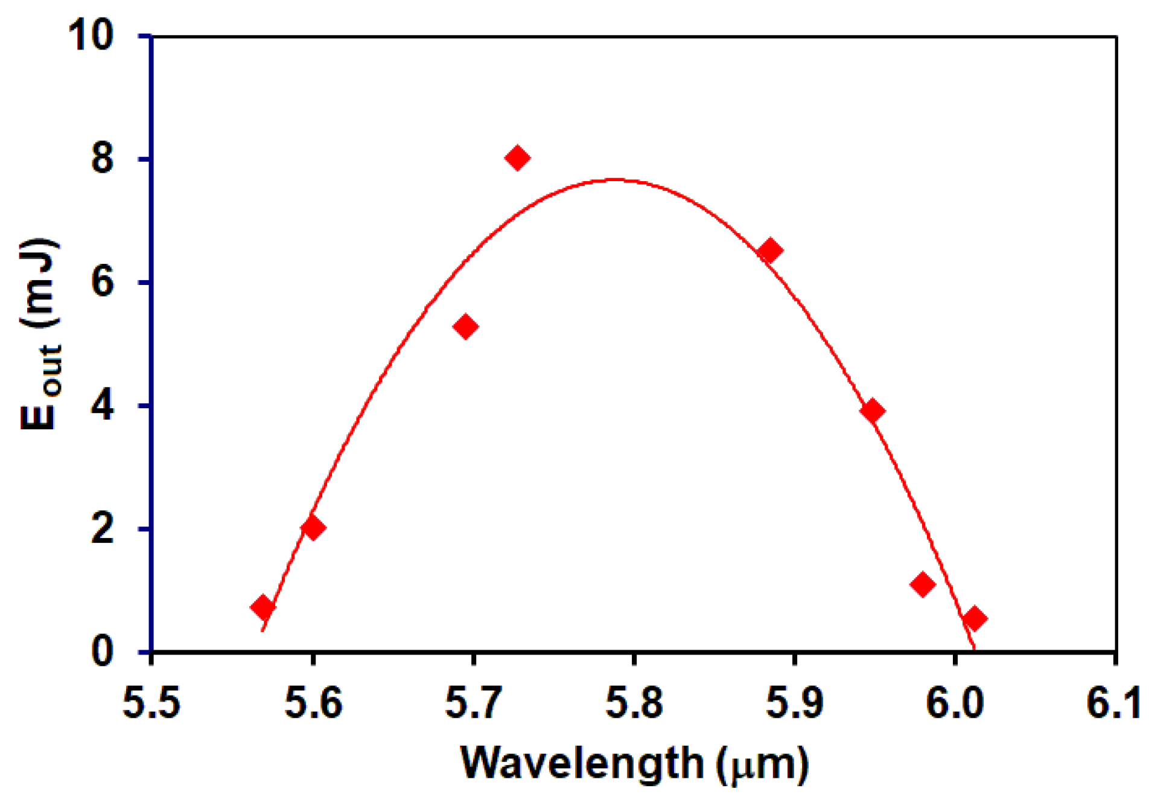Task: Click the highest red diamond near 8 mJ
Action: point(518,158)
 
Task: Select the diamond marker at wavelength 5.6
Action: point(313,528)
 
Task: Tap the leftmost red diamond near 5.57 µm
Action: point(263,607)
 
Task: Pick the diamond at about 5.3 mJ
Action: point(465,327)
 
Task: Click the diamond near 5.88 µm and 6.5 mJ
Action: point(769,251)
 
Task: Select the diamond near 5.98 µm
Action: point(923,584)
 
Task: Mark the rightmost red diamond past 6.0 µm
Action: point(975,618)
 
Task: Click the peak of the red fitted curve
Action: point(614,179)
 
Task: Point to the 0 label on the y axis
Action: point(103,652)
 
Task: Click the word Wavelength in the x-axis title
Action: point(582,763)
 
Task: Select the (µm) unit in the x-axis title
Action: point(763,764)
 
